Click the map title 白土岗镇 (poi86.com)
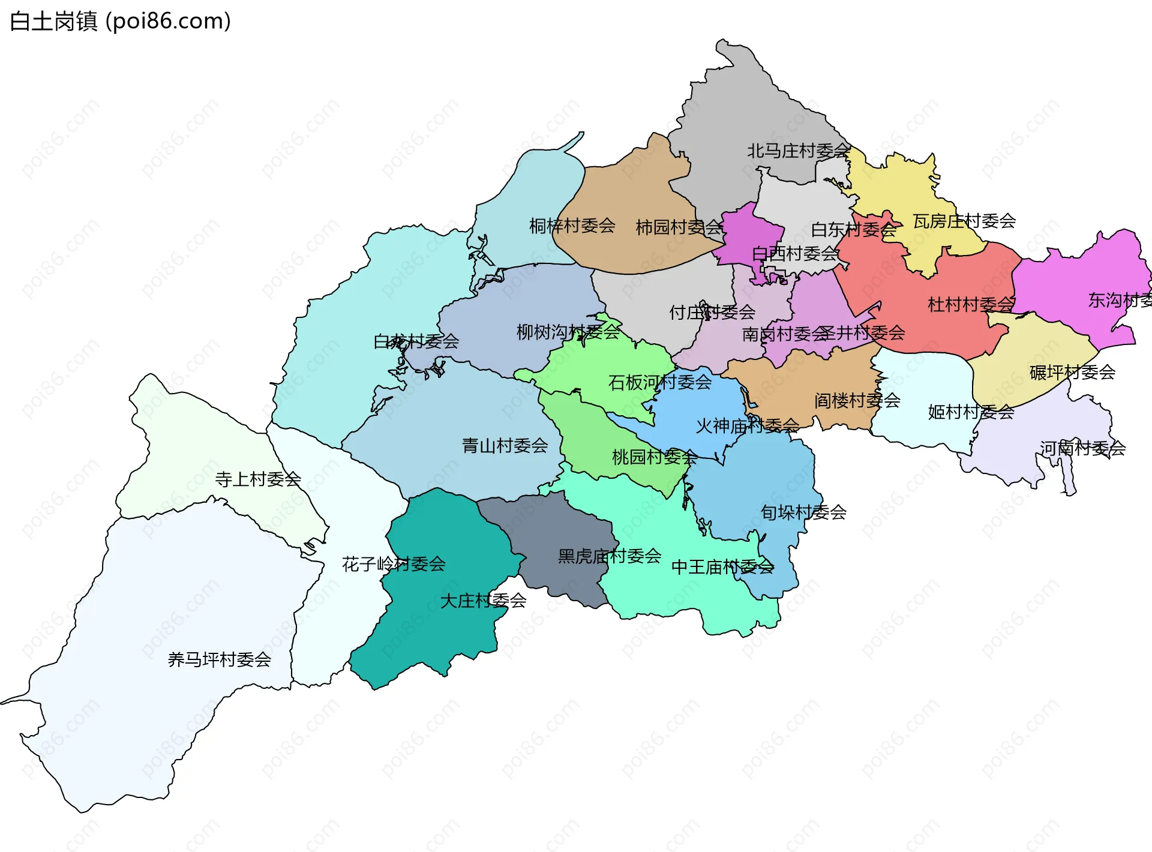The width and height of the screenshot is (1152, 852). click(120, 22)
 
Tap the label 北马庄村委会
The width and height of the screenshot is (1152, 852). click(798, 151)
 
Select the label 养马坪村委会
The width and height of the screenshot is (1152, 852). click(219, 660)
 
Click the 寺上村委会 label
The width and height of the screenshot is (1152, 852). click(258, 479)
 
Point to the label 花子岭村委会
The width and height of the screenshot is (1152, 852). click(394, 564)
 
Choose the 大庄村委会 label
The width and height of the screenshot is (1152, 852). click(483, 601)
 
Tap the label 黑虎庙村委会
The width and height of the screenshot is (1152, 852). click(609, 556)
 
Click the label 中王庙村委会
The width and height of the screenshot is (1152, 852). click(722, 567)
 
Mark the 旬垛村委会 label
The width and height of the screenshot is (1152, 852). click(803, 512)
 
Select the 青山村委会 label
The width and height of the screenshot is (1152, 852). click(505, 446)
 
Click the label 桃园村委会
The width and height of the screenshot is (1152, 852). click(654, 457)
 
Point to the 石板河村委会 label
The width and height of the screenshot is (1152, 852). click(659, 382)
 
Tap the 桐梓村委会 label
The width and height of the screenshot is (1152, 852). click(572, 226)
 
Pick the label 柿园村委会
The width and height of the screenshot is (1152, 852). click(679, 227)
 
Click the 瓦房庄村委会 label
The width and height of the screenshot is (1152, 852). click(964, 221)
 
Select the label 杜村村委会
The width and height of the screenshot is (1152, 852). click(971, 305)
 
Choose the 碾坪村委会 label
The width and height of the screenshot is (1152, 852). click(1072, 373)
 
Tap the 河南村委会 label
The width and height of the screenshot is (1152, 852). click(1082, 448)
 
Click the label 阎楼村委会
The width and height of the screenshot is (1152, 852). click(857, 400)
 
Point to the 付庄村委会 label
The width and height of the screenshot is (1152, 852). click(712, 313)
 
